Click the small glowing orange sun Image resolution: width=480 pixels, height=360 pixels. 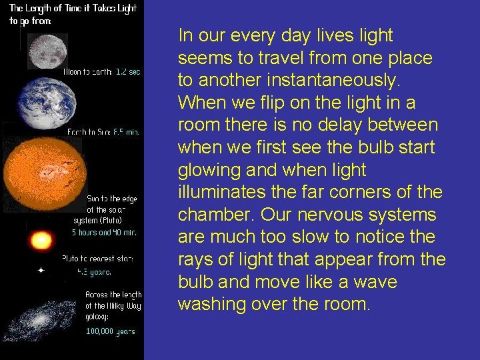(42, 239)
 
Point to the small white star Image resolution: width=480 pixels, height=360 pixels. (41, 271)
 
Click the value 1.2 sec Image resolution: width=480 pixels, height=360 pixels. (127, 71)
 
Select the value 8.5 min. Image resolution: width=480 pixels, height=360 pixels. (125, 132)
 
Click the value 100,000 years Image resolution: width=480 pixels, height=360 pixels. (109, 331)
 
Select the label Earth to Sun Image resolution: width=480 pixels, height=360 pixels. (89, 132)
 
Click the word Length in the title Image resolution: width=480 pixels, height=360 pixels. (46, 9)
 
